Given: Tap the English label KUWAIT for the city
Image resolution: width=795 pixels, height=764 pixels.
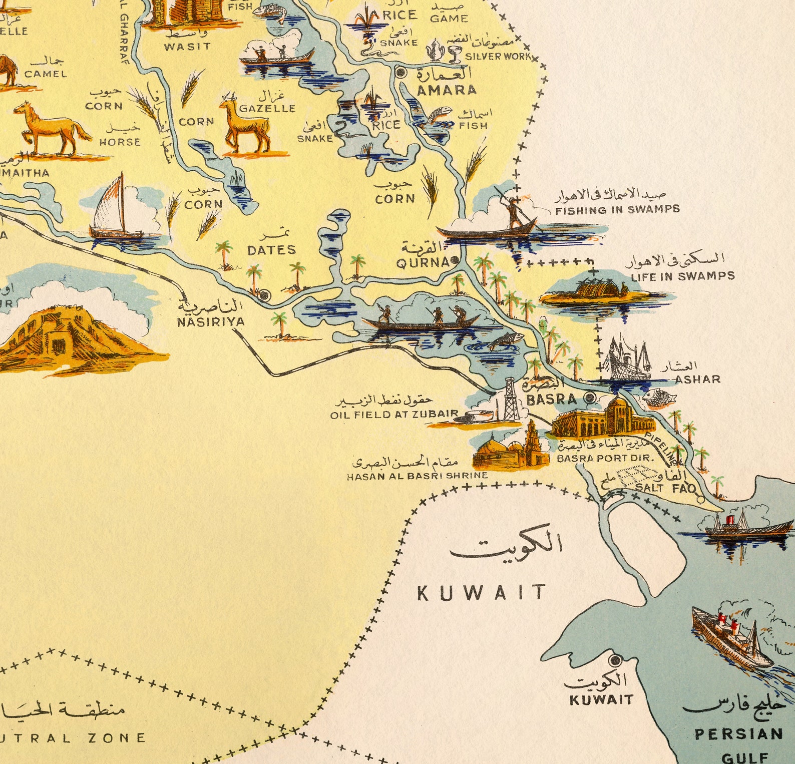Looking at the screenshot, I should pyautogui.click(x=601, y=699).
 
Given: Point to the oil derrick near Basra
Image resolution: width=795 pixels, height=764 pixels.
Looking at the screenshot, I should pyautogui.click(x=510, y=400).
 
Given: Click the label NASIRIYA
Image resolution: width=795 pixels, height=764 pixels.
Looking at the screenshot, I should pyautogui.click(x=211, y=321).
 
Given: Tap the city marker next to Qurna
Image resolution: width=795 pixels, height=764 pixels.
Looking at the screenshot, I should pyautogui.click(x=455, y=260).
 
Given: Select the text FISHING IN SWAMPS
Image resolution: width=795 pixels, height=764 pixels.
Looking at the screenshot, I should pyautogui.click(x=617, y=210).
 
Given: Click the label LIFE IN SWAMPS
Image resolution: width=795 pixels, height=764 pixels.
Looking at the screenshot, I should pyautogui.click(x=682, y=276).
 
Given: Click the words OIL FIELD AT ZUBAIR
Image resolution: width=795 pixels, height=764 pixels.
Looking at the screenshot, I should pyautogui.click(x=394, y=415).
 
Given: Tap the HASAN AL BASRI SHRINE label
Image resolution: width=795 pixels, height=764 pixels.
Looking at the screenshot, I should pyautogui.click(x=417, y=476).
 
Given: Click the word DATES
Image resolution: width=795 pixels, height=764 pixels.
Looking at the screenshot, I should pyautogui.click(x=271, y=250).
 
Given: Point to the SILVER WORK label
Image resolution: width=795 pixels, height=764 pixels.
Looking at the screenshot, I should pyautogui.click(x=498, y=57).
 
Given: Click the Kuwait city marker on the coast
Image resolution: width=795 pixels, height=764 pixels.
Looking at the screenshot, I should pyautogui.click(x=616, y=660).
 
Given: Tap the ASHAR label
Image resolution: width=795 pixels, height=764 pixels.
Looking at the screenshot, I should pyautogui.click(x=697, y=379).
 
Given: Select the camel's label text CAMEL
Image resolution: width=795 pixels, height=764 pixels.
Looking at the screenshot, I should pyautogui.click(x=46, y=74).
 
